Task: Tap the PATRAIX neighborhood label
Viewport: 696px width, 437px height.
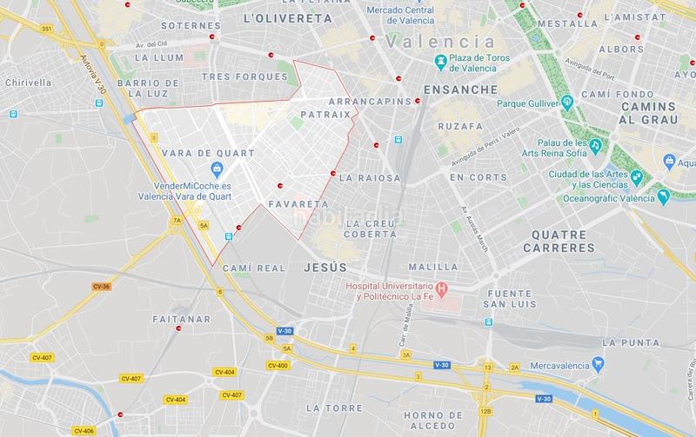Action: (325, 114)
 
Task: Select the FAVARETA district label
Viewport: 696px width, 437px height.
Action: (298, 205)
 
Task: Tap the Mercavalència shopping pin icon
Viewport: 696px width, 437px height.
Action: (598, 362)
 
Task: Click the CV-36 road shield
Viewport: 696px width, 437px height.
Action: (101, 286)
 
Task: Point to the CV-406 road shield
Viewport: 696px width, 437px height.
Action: (84, 430)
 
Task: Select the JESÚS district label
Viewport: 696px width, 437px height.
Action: (325, 268)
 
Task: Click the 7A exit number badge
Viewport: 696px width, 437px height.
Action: (177, 221)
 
